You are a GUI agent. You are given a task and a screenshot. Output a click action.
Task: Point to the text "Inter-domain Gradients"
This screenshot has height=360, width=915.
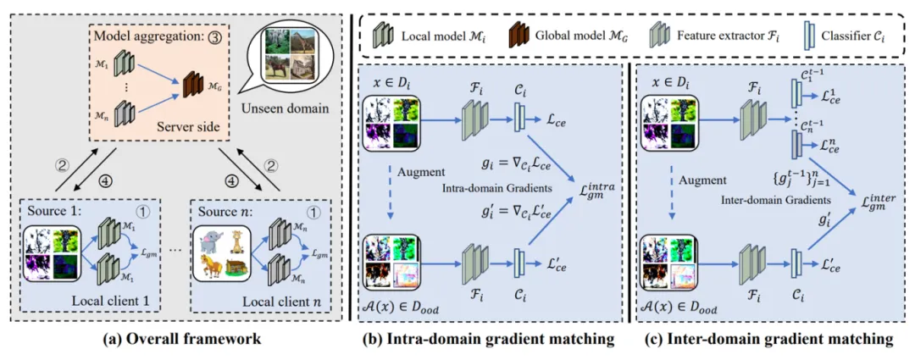tap(785, 200)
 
